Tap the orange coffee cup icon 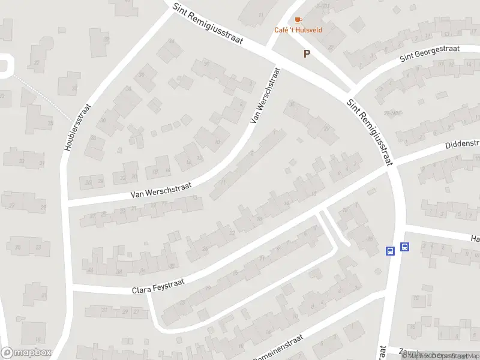(299, 20)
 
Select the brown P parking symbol (307, 54)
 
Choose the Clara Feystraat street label (157, 286)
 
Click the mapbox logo (26, 353)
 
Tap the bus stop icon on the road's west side (390, 250)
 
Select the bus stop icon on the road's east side (405, 246)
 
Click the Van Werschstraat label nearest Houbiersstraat (160, 191)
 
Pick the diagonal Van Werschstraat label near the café (265, 96)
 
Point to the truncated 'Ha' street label (475, 239)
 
